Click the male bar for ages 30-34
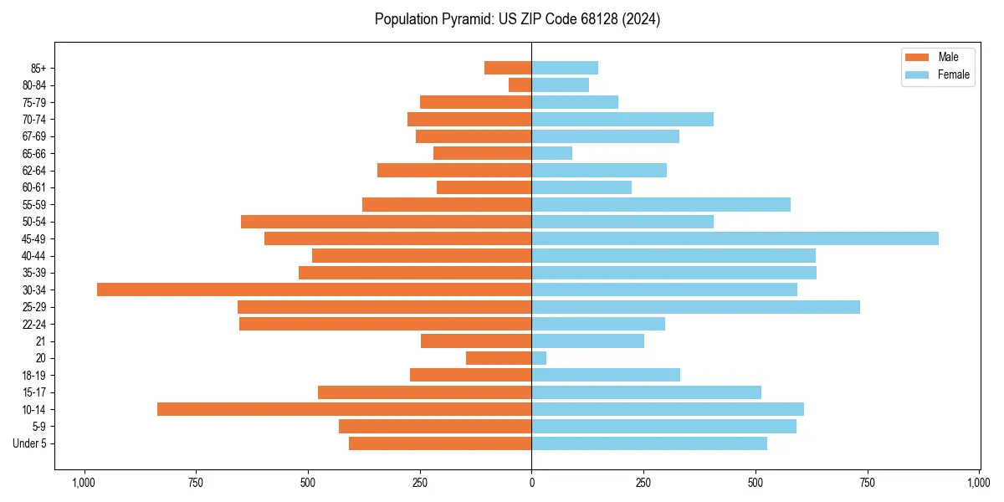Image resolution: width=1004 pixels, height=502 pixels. [x=314, y=289]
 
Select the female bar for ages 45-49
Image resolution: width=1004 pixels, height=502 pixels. [x=735, y=238]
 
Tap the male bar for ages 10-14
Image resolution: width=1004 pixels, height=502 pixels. [x=344, y=409]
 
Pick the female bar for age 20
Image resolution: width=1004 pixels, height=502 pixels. [x=539, y=358]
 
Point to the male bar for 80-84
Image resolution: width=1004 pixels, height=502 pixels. [x=520, y=85]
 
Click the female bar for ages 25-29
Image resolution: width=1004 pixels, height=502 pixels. [x=695, y=307]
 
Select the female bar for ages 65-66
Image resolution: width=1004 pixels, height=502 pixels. [x=552, y=153]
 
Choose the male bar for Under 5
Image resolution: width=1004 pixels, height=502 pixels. [x=440, y=443]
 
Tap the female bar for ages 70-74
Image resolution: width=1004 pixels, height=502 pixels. [x=622, y=119]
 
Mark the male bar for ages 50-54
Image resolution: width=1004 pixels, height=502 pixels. [x=386, y=222]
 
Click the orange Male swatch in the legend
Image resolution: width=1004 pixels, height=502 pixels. [x=917, y=57]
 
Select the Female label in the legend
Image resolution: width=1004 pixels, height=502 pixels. [x=954, y=74]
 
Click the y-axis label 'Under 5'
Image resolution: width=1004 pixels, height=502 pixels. [x=30, y=443]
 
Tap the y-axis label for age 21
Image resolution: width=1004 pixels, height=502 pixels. [x=41, y=341]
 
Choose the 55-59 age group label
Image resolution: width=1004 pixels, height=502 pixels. [x=34, y=204]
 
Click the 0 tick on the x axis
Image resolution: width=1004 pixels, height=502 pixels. [x=531, y=483]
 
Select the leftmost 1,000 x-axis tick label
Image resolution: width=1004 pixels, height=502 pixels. [x=83, y=483]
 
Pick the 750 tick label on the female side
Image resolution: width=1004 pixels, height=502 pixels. [x=868, y=483]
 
